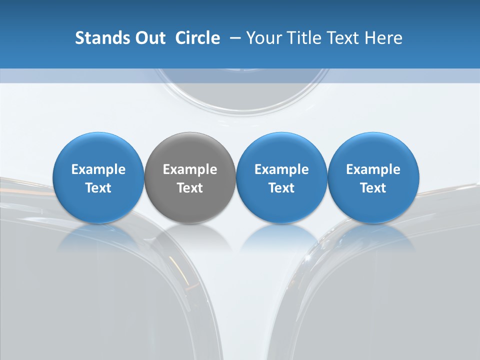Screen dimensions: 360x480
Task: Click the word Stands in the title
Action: click(x=100, y=38)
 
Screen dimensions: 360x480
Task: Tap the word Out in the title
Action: click(x=149, y=38)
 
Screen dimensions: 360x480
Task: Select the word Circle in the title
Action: click(x=197, y=38)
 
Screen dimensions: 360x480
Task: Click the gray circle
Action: click(x=190, y=150)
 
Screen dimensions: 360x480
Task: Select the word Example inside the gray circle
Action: click(x=190, y=169)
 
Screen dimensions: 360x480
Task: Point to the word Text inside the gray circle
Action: click(x=190, y=188)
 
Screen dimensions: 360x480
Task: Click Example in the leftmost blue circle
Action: click(x=98, y=169)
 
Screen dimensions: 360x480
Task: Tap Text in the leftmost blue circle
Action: click(x=98, y=188)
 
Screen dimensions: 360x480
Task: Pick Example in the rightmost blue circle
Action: click(x=373, y=169)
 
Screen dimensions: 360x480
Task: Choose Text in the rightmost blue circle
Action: click(x=373, y=188)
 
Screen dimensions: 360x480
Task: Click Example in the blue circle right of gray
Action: click(x=281, y=169)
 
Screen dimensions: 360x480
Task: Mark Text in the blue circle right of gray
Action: click(x=281, y=188)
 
